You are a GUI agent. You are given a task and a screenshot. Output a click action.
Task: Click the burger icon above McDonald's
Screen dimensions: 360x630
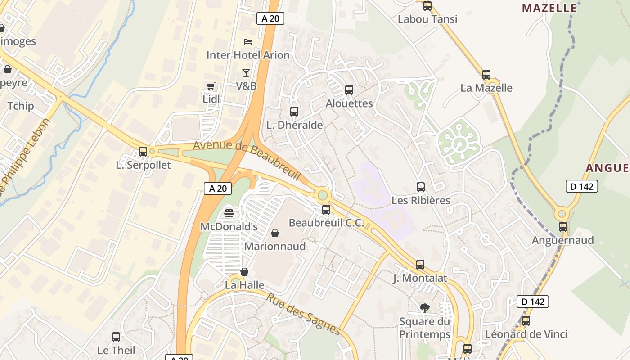[229, 212]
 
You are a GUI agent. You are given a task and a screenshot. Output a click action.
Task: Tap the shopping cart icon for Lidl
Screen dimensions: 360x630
[211, 86]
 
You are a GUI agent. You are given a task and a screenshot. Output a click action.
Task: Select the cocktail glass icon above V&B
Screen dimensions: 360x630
[246, 72]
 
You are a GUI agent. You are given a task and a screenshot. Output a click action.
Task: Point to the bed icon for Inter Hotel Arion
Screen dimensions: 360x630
[248, 42]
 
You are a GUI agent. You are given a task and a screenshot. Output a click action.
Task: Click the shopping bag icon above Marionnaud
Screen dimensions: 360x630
[275, 233]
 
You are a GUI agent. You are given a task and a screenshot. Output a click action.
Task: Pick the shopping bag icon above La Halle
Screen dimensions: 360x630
[244, 272]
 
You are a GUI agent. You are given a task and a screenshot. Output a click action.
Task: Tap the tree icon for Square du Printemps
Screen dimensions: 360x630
[424, 308]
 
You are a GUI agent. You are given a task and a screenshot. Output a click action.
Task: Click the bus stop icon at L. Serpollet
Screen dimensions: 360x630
[143, 152]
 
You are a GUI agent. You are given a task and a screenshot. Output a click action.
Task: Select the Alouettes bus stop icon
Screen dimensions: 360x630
[349, 90]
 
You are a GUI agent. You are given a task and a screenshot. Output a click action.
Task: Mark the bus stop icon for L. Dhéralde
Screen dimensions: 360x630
[294, 112]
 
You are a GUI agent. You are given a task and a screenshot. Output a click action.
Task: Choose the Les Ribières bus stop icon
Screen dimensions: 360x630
[421, 187]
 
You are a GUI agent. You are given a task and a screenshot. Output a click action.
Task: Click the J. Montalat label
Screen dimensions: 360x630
[420, 278]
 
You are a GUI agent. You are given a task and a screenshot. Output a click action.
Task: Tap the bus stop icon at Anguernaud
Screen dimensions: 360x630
[563, 227]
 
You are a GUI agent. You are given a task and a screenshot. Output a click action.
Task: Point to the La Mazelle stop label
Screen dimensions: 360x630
[486, 88]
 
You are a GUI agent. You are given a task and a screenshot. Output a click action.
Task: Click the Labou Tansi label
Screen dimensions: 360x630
[427, 19]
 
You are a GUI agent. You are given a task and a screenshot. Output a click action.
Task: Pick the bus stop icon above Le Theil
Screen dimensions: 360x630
[116, 337]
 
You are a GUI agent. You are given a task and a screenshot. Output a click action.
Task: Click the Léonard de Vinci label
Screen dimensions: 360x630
[526, 334]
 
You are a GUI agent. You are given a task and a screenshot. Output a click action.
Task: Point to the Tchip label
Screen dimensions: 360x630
[21, 106]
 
